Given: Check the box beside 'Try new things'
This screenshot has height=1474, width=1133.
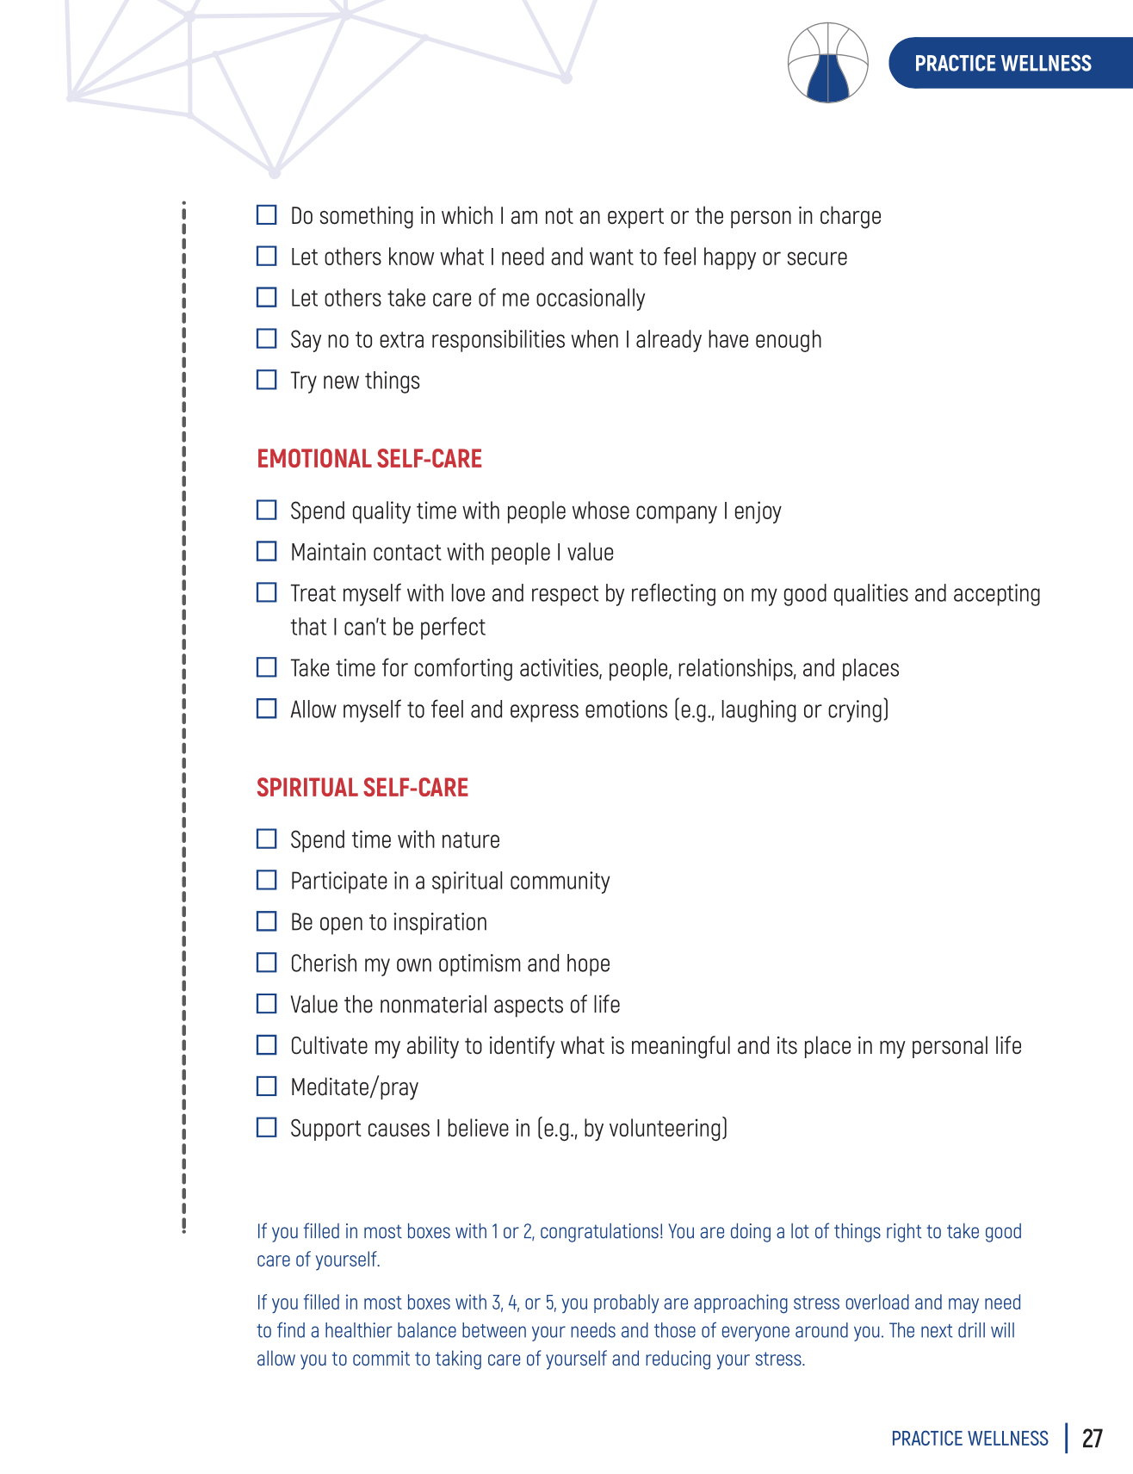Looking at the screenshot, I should pyautogui.click(x=267, y=380).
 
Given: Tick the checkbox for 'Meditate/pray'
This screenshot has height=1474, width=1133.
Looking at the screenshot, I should pyautogui.click(x=267, y=1087).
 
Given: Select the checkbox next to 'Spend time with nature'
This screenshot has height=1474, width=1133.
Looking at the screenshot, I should pyautogui.click(x=267, y=839).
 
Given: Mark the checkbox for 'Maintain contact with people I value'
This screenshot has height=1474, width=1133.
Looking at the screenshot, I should pyautogui.click(x=267, y=551).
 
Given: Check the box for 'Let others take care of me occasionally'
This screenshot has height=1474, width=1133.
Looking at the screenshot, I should pyautogui.click(x=267, y=297).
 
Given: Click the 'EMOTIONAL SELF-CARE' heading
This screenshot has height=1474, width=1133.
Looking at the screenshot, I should pyautogui.click(x=369, y=459).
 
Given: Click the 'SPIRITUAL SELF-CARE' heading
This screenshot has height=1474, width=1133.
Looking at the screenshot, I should pyautogui.click(x=362, y=788).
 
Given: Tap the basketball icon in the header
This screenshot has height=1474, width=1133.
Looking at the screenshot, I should pyautogui.click(x=827, y=63).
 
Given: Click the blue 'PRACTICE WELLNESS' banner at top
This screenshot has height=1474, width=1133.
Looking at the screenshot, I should pyautogui.click(x=1003, y=63).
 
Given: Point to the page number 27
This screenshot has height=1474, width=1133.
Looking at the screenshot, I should pyautogui.click(x=1092, y=1439).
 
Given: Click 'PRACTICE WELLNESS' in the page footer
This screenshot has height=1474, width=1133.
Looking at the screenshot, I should pyautogui.click(x=969, y=1439).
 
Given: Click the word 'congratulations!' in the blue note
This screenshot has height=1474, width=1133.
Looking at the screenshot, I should pyautogui.click(x=601, y=1232).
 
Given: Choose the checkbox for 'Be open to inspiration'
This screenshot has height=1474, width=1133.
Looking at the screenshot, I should pyautogui.click(x=267, y=921).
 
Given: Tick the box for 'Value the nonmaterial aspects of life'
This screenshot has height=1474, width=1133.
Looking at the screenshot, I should pyautogui.click(x=267, y=1004).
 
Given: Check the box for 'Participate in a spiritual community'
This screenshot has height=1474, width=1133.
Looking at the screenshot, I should pyautogui.click(x=267, y=880).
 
